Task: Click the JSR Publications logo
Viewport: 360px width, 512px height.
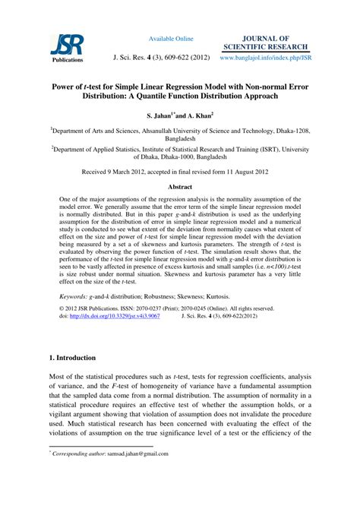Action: [68, 47]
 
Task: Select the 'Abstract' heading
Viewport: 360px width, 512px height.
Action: [180, 186]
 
